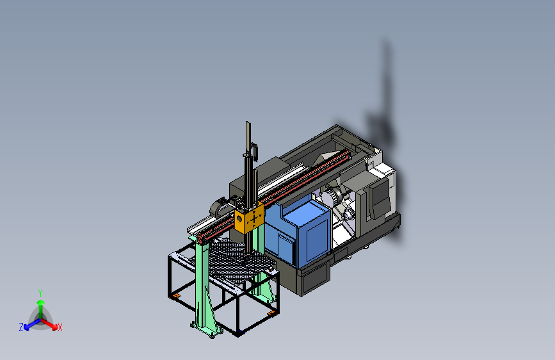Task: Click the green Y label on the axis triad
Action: click(x=40, y=293)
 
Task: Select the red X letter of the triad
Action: click(x=60, y=327)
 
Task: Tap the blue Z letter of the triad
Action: click(x=21, y=327)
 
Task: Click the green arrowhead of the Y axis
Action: click(x=41, y=302)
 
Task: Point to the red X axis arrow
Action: click(x=49, y=324)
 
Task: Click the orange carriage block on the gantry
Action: click(x=249, y=218)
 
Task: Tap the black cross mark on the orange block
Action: click(x=254, y=219)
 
